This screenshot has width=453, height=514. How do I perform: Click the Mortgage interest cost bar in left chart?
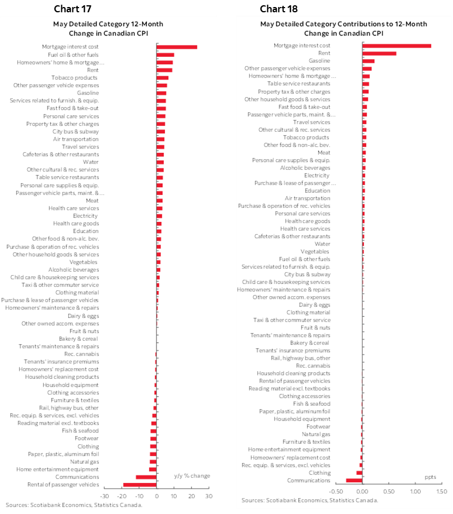177,47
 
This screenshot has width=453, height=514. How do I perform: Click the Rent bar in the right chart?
379,53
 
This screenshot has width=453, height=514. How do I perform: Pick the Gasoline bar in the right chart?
368,61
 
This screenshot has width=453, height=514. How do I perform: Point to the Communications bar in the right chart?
354,480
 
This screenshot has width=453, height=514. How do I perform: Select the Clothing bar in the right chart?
359,472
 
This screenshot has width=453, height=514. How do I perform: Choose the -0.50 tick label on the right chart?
336,491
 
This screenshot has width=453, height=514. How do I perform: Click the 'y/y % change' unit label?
192,475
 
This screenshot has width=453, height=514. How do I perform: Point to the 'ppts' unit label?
430,477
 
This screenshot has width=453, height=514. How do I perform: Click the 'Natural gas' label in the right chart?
316,434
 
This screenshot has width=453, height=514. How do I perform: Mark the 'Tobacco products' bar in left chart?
163,77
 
